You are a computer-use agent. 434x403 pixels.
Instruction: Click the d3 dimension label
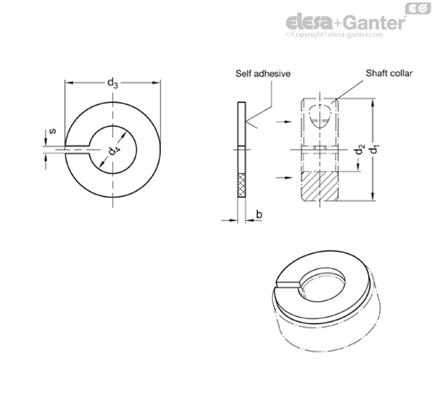(113, 83)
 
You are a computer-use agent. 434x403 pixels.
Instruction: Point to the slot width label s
(52, 130)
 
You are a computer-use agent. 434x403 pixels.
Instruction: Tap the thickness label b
(259, 214)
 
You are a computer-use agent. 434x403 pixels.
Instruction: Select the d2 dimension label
(359, 149)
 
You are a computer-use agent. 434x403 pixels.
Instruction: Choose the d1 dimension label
(375, 149)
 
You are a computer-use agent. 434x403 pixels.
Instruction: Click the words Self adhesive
(263, 74)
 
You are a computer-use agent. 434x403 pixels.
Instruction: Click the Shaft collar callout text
(389, 73)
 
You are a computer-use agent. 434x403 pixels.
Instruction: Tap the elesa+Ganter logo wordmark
(345, 22)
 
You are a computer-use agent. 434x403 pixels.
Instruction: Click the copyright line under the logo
(334, 35)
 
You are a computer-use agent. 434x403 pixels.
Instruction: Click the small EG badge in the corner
(418, 8)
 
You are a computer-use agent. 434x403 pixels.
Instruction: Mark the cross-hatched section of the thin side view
(242, 186)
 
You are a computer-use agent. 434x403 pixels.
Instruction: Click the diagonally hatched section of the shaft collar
(319, 186)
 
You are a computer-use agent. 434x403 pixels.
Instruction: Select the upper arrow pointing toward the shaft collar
(285, 122)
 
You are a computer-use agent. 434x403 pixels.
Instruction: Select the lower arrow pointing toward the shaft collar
(285, 178)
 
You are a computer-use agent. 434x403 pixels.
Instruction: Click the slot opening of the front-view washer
(77, 150)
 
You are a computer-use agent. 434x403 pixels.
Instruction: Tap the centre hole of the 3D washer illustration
(323, 286)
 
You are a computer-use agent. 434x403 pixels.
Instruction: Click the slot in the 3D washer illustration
(288, 284)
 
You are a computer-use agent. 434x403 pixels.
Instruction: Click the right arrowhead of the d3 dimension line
(157, 83)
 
